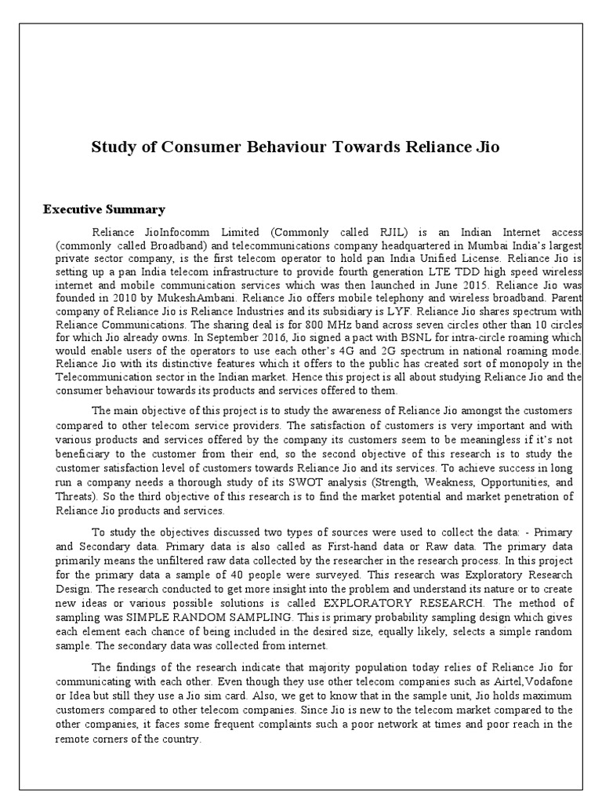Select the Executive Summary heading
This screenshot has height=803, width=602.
103,209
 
